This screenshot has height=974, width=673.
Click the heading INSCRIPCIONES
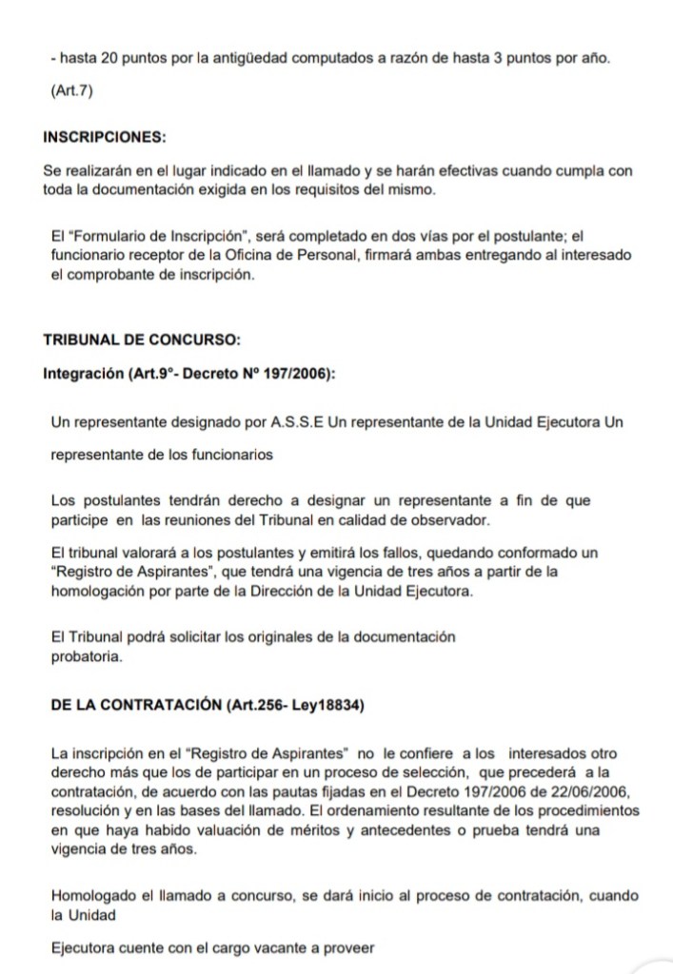(x=105, y=136)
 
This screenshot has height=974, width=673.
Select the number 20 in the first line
(x=109, y=59)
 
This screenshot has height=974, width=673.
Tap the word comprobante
(x=115, y=275)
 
